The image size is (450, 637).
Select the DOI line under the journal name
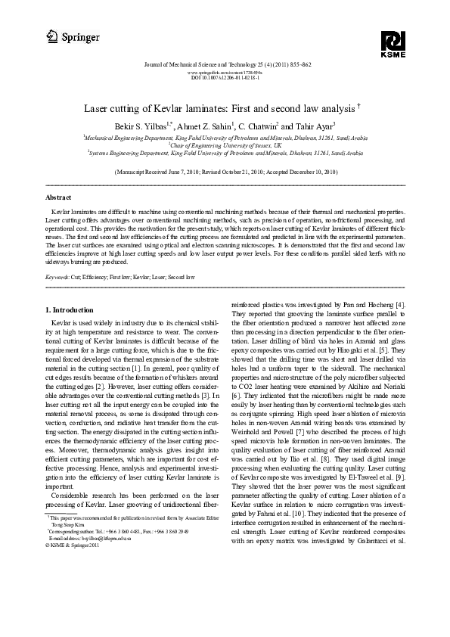pyautogui.click(x=225, y=77)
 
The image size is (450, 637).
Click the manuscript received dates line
pyautogui.click(x=225, y=172)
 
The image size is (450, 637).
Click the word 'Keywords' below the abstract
pyautogui.click(x=59, y=278)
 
